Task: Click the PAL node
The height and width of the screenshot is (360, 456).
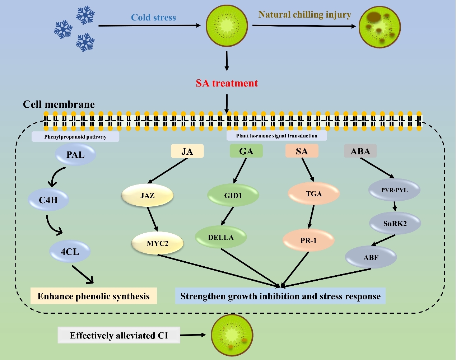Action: [x=75, y=155]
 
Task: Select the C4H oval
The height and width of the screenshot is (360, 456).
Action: [x=48, y=200]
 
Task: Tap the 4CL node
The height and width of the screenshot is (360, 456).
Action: [x=70, y=252]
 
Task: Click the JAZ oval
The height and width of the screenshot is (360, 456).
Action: [x=148, y=196]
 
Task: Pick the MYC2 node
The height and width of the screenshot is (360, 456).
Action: [x=158, y=243]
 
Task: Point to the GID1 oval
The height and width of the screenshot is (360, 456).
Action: [x=233, y=196]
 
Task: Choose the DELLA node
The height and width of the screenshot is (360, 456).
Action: [x=221, y=237]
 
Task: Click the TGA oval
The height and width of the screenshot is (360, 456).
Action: [x=314, y=194]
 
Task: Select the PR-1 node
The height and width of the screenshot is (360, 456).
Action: [x=308, y=240]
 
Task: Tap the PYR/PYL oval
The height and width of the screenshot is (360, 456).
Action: [x=394, y=190]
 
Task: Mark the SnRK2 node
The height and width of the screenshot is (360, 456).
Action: [x=395, y=224]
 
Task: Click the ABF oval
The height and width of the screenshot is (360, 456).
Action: [x=371, y=257]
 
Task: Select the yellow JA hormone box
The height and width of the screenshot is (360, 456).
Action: [x=187, y=151]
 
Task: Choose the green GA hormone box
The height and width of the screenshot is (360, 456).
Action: [x=246, y=151]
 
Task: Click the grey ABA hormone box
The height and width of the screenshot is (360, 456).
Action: [x=360, y=151]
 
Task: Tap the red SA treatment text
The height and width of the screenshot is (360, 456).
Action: [x=227, y=83]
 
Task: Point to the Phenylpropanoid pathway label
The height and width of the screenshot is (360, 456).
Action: [x=75, y=137]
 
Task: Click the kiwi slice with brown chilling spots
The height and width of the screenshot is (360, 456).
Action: [x=380, y=27]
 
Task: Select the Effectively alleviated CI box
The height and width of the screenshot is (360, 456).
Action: [x=119, y=335]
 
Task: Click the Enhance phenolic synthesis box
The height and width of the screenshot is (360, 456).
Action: [x=93, y=296]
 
